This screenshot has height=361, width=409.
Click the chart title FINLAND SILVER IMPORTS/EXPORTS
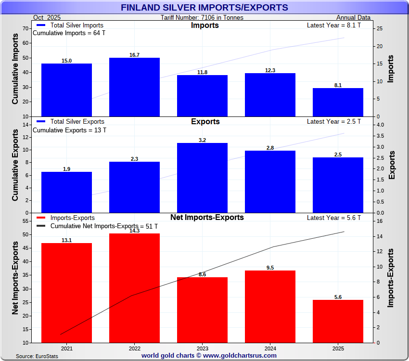point(204,8)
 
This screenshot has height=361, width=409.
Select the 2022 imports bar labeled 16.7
point(134,87)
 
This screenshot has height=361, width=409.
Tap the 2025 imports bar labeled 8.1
point(338,102)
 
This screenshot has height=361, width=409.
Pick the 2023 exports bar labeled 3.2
point(202,178)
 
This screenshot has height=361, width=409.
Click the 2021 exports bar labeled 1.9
point(66,192)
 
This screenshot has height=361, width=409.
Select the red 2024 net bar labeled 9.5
point(270,306)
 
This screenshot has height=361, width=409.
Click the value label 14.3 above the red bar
point(134,231)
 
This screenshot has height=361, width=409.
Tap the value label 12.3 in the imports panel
point(270,70)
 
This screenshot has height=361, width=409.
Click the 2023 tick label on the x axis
point(202,348)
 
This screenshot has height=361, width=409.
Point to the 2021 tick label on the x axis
point(66,348)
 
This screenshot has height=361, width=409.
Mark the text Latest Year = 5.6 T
point(333,218)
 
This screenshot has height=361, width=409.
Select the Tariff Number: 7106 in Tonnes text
point(202,18)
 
